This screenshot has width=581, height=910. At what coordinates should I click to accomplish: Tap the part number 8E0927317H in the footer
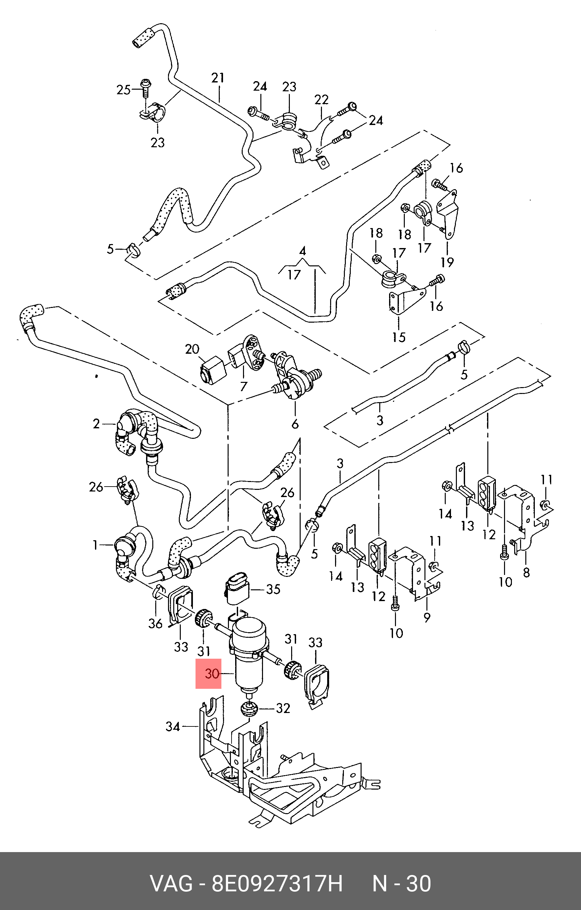tap(277, 883)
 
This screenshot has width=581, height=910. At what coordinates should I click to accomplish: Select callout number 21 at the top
tap(218, 78)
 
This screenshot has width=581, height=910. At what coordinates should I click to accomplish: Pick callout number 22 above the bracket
tap(322, 100)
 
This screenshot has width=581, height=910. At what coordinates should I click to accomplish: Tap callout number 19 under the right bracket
tap(447, 262)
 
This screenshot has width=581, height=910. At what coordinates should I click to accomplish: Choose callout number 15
tap(399, 337)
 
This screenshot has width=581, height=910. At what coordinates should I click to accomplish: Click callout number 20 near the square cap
tap(192, 349)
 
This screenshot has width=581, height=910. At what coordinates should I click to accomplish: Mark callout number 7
tap(244, 386)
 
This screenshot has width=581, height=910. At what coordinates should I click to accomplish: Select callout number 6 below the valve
tap(295, 424)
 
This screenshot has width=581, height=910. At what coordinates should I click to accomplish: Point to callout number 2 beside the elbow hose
tap(97, 424)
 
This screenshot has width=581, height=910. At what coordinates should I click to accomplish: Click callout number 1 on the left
tap(95, 545)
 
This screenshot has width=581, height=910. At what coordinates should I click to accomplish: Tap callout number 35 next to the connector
tap(273, 589)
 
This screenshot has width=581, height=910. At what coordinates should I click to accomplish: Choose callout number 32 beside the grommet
tap(283, 708)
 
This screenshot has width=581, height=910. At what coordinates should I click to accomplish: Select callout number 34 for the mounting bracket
tap(173, 726)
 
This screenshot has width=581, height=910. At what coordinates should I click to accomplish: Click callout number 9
tap(427, 617)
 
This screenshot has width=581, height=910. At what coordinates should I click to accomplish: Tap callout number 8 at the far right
tap(526, 573)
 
